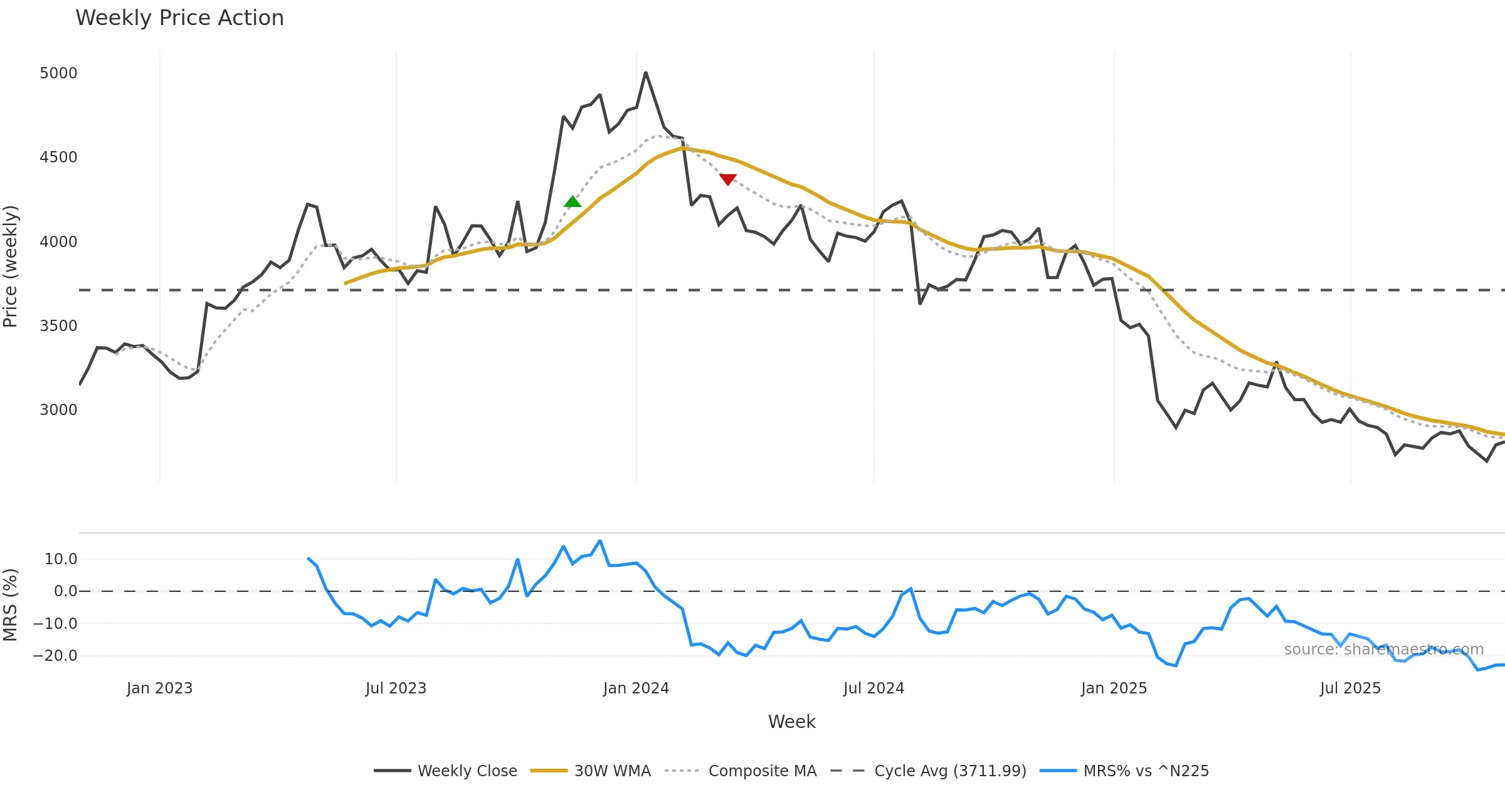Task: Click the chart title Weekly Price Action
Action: [x=179, y=18]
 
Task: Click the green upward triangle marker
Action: [x=573, y=201]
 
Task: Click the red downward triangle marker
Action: [x=728, y=179]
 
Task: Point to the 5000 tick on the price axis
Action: [x=58, y=73]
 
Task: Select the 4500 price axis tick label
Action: [x=58, y=157]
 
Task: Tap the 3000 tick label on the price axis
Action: [x=58, y=410]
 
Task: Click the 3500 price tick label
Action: [x=58, y=326]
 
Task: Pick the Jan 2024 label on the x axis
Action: [x=636, y=688]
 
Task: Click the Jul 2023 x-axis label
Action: [x=396, y=688]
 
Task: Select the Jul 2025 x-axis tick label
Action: [x=1350, y=688]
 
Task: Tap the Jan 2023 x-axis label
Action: [x=159, y=688]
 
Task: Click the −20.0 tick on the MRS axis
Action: [x=55, y=656]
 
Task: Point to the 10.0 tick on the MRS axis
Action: [x=61, y=559]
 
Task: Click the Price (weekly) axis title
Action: [x=11, y=266]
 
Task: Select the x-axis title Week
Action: [x=791, y=722]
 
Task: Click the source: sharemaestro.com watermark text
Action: [x=1383, y=650]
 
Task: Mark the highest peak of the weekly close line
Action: [x=645, y=73]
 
